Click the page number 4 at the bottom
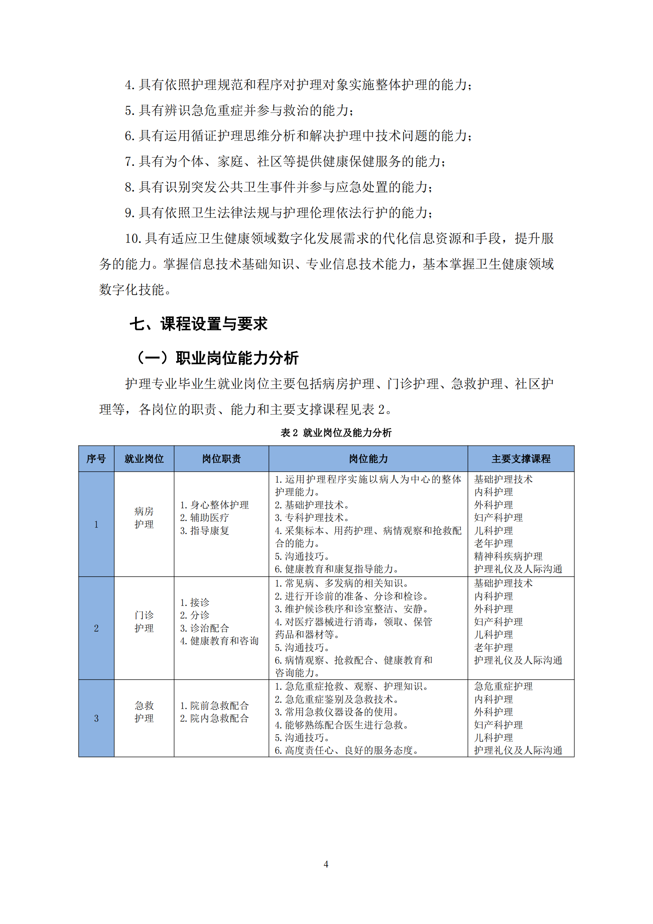326,864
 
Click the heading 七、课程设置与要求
198,324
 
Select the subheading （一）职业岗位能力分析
218,358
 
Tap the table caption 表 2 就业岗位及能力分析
336,433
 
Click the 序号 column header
96,459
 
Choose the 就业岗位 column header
144,459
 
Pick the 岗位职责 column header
221,459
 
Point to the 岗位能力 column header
368,459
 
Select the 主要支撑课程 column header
521,459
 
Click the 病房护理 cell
144,518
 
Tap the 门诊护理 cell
144,622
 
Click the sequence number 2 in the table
96,628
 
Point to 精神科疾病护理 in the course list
508,556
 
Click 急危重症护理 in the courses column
503,687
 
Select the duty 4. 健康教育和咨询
219,641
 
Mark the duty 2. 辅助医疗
204,518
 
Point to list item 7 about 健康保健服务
285,162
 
